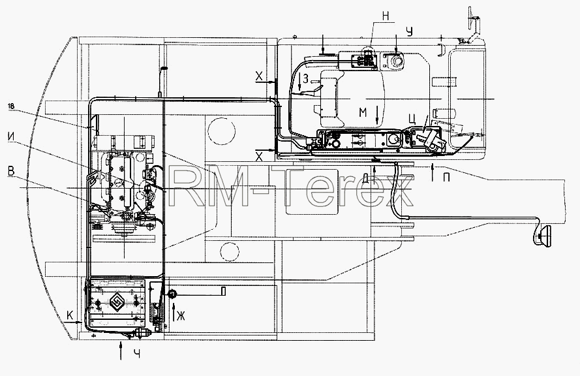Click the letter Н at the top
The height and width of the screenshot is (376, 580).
coord(386,16)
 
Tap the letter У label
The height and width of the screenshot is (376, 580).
coord(408,31)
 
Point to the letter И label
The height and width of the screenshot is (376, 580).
coord(12,136)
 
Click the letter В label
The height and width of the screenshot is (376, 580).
coord(11,171)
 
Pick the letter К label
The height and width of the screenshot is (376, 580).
coord(70,315)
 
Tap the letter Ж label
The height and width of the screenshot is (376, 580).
coord(181,316)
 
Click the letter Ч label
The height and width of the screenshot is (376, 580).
coord(136,354)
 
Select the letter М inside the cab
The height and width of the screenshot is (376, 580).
coord(363,112)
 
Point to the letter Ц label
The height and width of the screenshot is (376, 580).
coord(412,119)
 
